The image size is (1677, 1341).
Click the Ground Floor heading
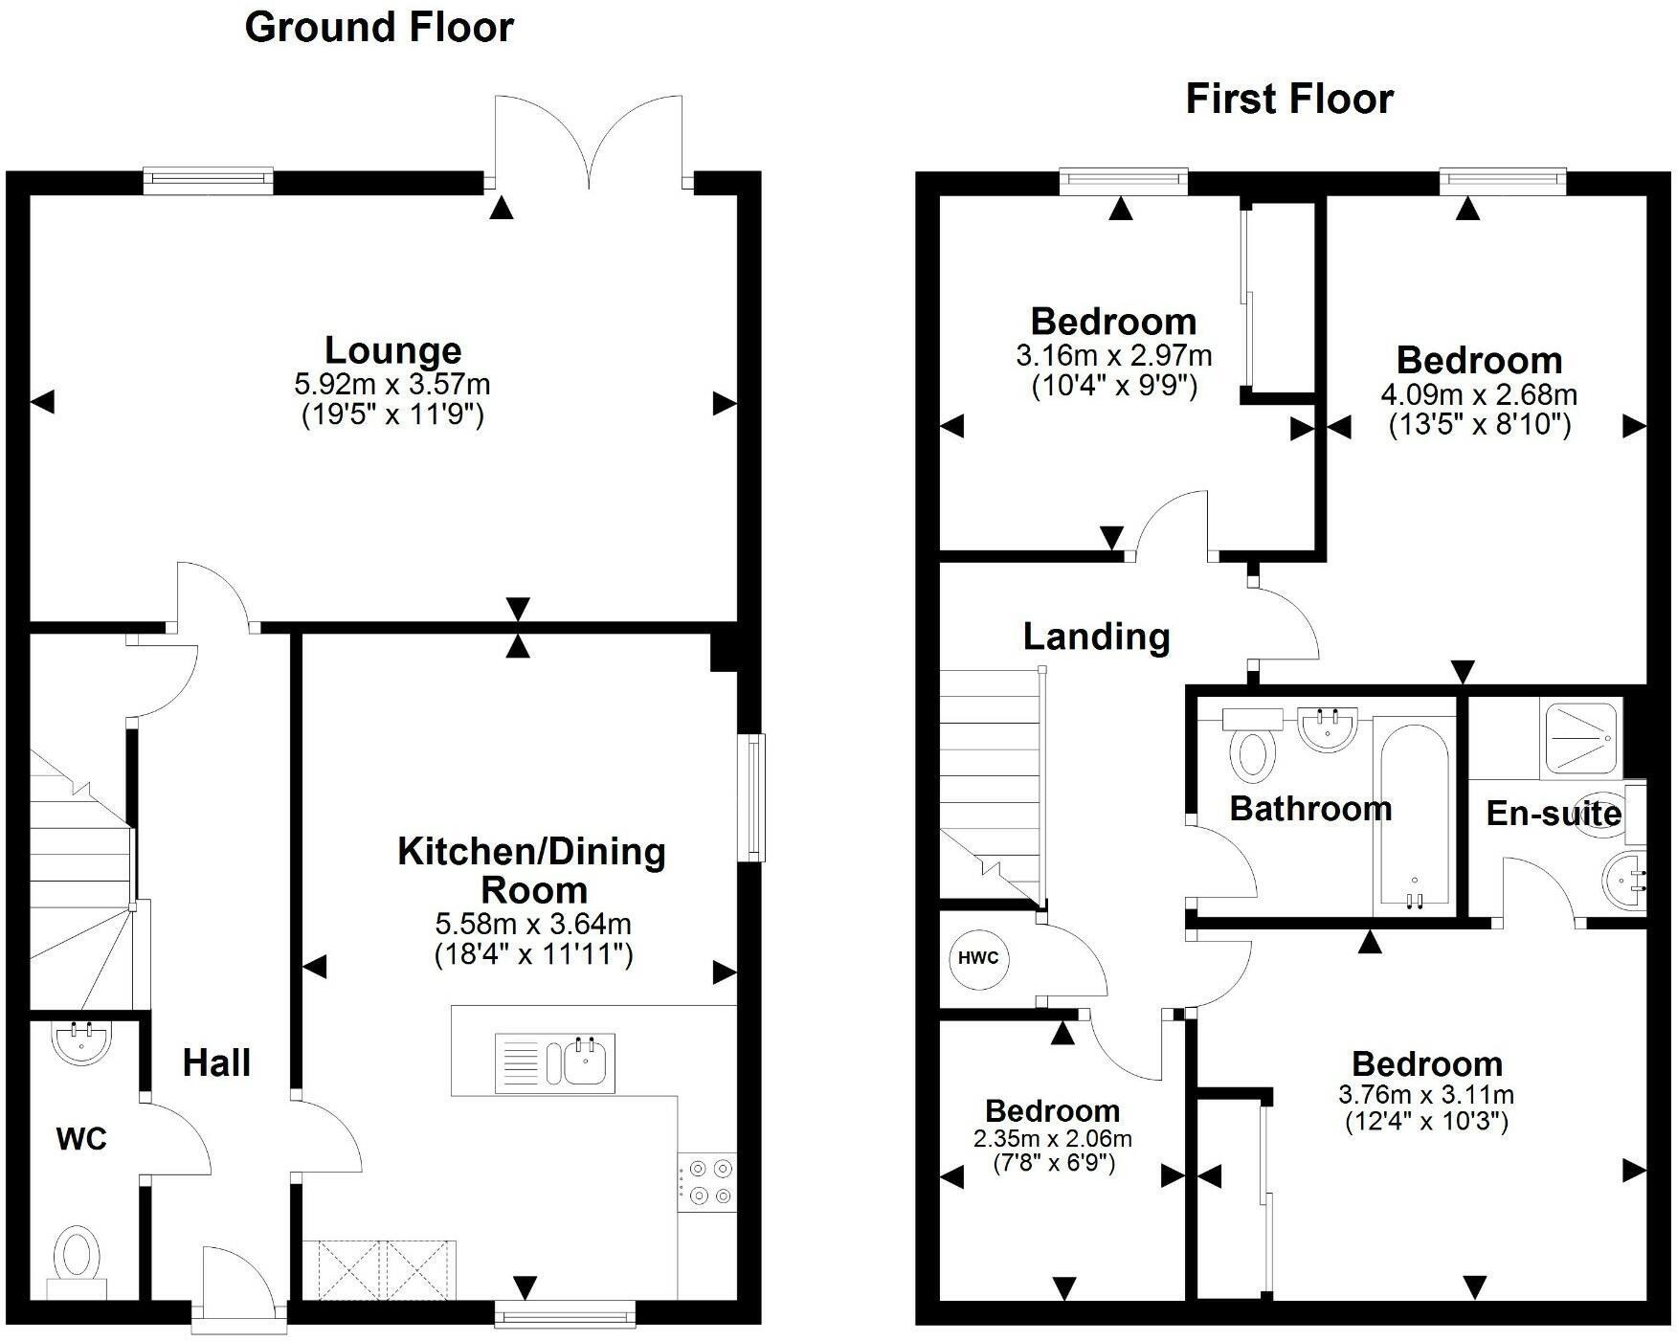pyautogui.click(x=379, y=27)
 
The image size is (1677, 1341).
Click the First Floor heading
pyautogui.click(x=1289, y=99)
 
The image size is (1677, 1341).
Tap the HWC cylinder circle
pyautogui.click(x=979, y=958)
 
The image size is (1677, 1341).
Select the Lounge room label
pyautogui.click(x=393, y=350)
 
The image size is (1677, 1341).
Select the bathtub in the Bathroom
pyautogui.click(x=1414, y=816)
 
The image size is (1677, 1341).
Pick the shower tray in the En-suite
pyautogui.click(x=1582, y=739)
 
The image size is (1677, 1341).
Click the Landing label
pyautogui.click(x=1096, y=637)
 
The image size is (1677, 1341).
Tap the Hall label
pyautogui.click(x=216, y=1062)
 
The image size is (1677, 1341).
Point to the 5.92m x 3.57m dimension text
pyautogui.click(x=392, y=385)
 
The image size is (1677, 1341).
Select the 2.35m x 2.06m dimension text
pyautogui.click(x=1053, y=1139)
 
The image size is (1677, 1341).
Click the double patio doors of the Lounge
pyautogui.click(x=589, y=140)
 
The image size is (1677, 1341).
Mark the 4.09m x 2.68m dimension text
pyautogui.click(x=1479, y=394)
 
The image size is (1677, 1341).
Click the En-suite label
pyautogui.click(x=1554, y=814)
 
